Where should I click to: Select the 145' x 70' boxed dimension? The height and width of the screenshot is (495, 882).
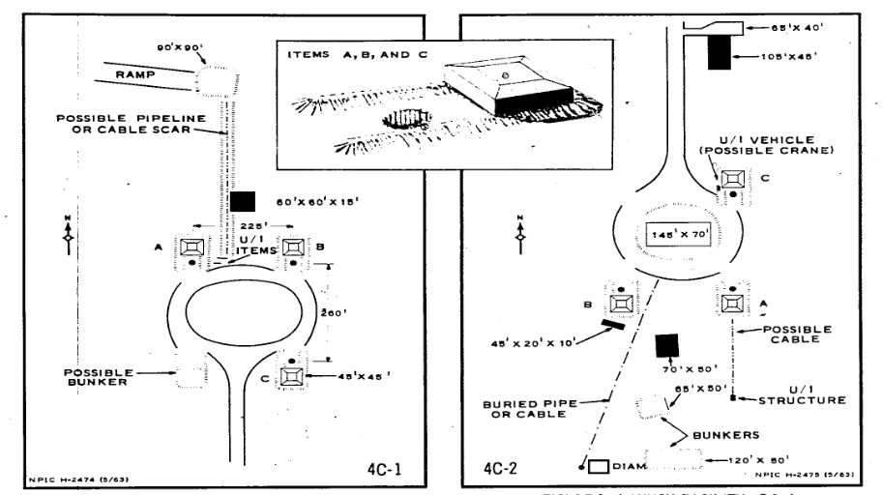[x=669, y=235]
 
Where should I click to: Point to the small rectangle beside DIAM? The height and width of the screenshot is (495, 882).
[x=598, y=466]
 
